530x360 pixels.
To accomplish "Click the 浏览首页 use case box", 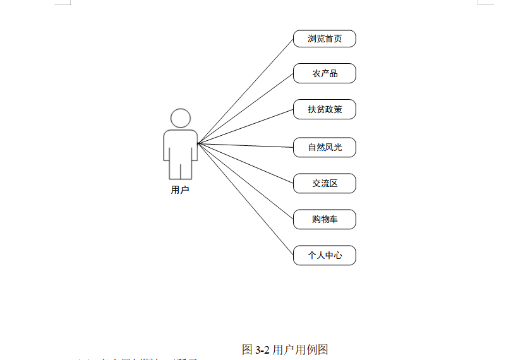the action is pos(325,39).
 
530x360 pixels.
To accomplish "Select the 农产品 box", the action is pos(325,73).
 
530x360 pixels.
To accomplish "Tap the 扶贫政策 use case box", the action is pos(325,109).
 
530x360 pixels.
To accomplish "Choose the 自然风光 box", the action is pos(325,147).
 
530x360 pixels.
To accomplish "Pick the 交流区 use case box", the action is pos(325,183).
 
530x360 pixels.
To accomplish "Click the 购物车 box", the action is pos(325,219).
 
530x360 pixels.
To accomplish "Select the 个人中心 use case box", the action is pos(325,255).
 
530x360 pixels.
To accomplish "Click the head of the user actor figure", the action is pos(181,118).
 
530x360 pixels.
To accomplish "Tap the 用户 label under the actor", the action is pos(180,189).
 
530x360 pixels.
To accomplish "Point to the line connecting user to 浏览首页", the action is pos(245,92).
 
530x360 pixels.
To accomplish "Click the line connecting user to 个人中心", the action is pos(245,199).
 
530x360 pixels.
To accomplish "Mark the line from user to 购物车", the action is pos(245,181).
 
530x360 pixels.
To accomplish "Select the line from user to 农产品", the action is pos(245,109).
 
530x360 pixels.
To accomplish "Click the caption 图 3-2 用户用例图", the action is pos(285,349).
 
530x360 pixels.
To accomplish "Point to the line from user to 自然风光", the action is pos(245,145).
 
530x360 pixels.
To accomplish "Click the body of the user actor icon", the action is pos(181,148).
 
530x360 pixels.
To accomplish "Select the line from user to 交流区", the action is pos(245,164).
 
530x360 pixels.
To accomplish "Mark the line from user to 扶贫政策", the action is pos(245,126).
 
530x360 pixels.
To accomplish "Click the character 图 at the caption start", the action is pos(248,349).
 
